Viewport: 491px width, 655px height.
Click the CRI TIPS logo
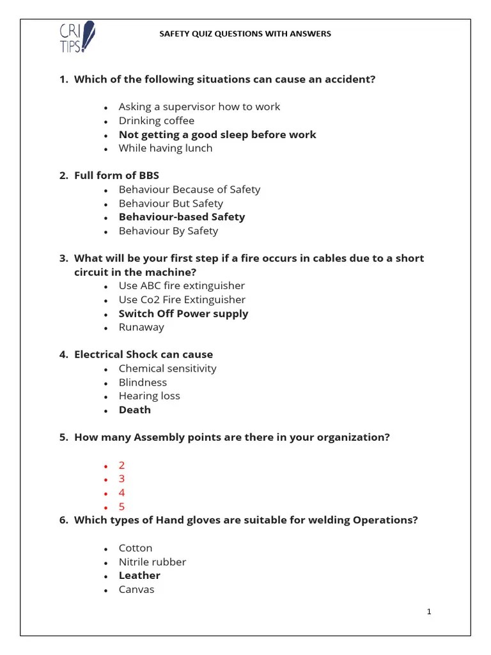(76, 38)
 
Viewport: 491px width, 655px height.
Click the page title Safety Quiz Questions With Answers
(245, 34)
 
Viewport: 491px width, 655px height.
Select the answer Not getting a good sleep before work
(217, 134)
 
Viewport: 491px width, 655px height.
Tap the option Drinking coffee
(157, 120)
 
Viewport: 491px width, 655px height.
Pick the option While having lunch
(166, 148)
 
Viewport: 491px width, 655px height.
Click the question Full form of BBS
(116, 175)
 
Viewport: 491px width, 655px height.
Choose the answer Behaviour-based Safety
(182, 217)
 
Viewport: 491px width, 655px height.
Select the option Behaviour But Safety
(171, 203)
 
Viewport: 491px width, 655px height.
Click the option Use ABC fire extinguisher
(182, 285)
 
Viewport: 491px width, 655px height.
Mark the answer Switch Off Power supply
(183, 313)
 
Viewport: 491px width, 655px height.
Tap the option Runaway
(141, 327)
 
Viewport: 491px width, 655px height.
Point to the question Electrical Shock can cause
(143, 354)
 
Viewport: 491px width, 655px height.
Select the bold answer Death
(135, 409)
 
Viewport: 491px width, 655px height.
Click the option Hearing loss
(150, 396)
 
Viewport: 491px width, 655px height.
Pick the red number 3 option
(122, 478)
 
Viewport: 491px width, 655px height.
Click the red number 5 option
(122, 507)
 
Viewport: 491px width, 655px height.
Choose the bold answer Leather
(139, 575)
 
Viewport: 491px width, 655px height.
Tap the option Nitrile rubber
(152, 562)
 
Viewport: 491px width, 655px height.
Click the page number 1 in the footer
(429, 612)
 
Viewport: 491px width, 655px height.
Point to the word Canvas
(136, 589)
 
